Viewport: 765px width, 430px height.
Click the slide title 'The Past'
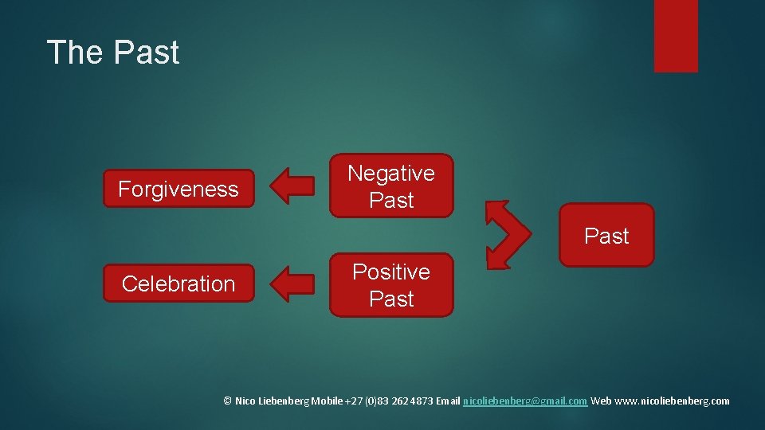tap(113, 53)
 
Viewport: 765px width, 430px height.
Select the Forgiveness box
tap(178, 189)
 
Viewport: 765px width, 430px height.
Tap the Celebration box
tap(178, 283)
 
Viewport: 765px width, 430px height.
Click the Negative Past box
tap(391, 186)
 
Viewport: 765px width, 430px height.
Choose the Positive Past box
tap(391, 285)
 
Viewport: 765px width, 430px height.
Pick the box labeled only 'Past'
tap(606, 236)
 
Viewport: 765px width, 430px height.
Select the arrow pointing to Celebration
tap(292, 284)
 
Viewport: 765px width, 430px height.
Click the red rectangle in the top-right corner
tap(676, 35)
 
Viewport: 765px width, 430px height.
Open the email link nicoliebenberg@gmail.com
tap(525, 401)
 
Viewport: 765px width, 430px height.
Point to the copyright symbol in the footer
tap(227, 401)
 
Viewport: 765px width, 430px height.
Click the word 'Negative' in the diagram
tap(391, 173)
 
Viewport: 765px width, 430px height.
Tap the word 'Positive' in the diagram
tap(391, 272)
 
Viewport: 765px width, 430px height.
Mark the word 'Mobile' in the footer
tap(328, 401)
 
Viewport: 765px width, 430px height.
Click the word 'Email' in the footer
tap(448, 401)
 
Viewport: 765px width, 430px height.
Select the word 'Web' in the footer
tap(602, 401)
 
